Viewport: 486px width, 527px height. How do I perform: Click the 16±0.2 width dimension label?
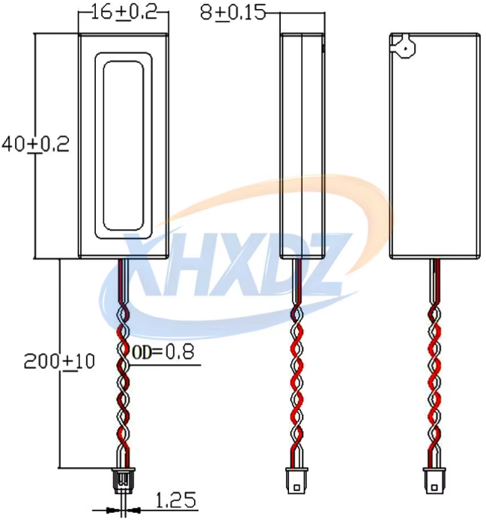124,13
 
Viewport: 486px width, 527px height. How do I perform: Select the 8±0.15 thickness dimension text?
233,13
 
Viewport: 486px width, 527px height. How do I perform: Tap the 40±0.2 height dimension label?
35,145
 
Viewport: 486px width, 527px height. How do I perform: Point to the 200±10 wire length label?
59,361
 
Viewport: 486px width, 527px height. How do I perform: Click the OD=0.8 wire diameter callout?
163,352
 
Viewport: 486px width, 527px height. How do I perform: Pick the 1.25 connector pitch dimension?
176,500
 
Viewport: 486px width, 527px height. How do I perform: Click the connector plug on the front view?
123,480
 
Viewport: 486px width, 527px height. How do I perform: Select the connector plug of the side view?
297,481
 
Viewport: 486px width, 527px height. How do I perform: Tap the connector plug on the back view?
434,481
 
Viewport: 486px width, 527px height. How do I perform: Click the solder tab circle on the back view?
405,47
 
